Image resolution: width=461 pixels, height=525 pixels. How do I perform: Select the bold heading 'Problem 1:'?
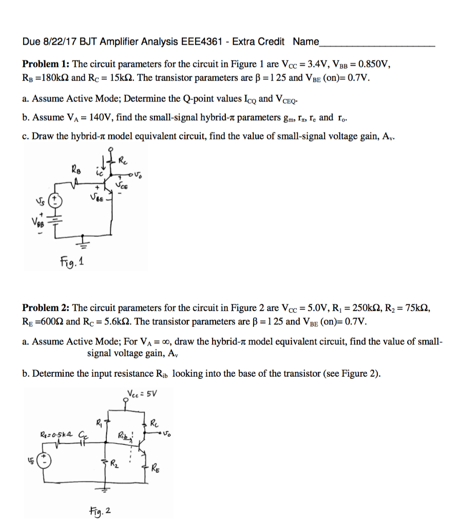pos(46,64)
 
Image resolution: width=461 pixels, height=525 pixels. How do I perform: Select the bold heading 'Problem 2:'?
pos(46,308)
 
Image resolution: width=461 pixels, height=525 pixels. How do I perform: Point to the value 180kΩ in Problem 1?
pos(54,78)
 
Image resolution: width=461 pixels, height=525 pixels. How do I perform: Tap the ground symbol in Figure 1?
pos(84,244)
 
